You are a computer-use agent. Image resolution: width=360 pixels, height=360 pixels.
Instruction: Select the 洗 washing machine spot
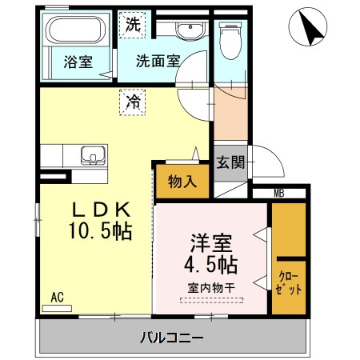[x=133, y=24]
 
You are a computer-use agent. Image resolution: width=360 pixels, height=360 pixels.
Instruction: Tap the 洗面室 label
[x=157, y=60]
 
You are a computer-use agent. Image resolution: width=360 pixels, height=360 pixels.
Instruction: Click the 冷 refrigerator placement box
[x=133, y=102]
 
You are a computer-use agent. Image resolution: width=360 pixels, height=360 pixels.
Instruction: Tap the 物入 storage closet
[x=182, y=181]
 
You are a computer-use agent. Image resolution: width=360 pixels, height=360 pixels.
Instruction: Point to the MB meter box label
[x=279, y=192]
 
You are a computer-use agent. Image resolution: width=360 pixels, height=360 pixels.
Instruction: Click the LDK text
[x=101, y=210]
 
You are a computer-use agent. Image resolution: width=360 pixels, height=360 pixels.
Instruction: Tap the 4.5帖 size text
[x=212, y=264]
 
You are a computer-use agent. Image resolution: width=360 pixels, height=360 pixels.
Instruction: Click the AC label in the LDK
[x=57, y=297]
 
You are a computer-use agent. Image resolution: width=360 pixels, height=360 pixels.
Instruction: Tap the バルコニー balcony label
[x=173, y=336]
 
